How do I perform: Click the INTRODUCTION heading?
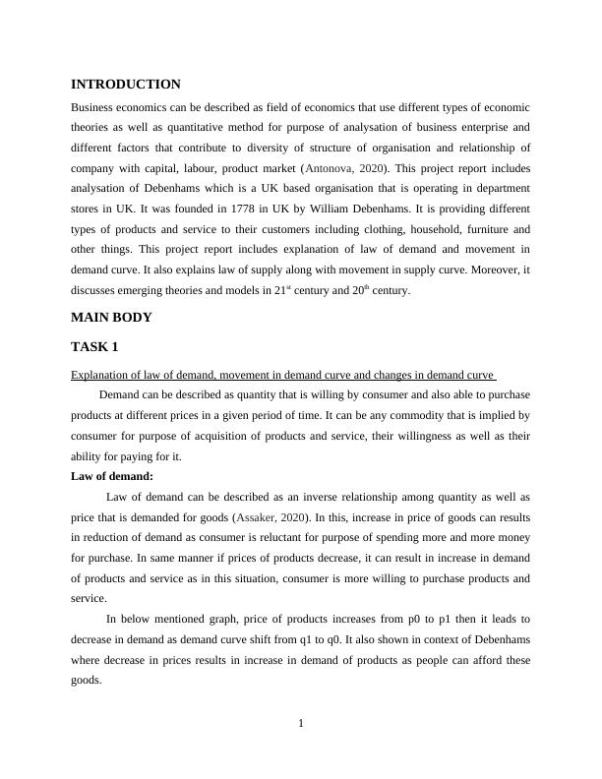pos(126,85)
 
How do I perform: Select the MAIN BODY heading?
pos(112,318)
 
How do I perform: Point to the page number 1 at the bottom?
pos(301,724)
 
